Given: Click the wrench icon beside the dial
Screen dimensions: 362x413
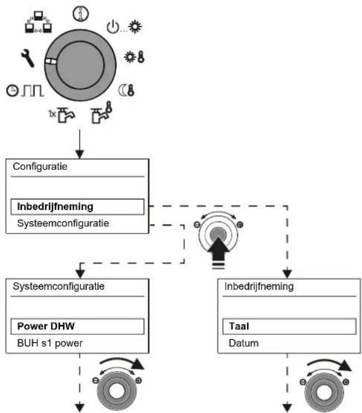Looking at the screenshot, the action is [27, 58].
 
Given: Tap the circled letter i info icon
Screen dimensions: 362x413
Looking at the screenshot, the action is [80, 14].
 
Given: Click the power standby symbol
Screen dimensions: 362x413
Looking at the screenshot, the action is [113, 27].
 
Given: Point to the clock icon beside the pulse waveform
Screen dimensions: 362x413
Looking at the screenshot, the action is [12, 91].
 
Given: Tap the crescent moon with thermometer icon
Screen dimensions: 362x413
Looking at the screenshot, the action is [127, 90].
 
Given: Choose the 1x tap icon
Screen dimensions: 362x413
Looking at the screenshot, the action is [62, 115].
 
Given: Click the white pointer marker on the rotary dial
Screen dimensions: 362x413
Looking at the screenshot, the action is [50, 61].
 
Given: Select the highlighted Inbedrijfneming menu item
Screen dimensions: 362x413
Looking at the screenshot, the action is [78, 207].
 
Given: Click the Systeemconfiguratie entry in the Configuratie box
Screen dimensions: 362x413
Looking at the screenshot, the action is [63, 224].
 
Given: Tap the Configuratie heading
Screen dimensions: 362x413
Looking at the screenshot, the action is [40, 167].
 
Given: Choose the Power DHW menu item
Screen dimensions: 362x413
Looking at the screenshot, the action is [78, 326].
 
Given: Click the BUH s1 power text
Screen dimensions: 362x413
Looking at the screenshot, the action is [50, 343].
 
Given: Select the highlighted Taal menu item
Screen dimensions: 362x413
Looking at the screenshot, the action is [289, 326].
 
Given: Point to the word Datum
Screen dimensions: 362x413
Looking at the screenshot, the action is [244, 343].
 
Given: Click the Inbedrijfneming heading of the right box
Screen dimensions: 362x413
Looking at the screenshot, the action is [259, 286].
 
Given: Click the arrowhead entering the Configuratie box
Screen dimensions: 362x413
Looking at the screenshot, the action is [79, 154].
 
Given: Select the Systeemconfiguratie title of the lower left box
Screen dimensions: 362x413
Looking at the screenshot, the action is [59, 286].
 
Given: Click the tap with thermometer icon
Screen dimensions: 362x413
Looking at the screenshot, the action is [102, 112].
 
